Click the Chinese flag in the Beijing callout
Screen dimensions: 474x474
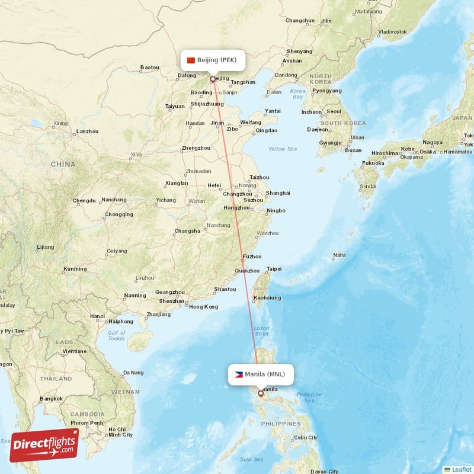[x=191, y=60]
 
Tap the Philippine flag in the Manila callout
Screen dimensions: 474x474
[x=238, y=374]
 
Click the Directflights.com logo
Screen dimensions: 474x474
[x=44, y=445]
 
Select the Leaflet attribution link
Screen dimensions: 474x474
[x=457, y=469]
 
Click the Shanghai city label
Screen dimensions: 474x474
[x=278, y=193]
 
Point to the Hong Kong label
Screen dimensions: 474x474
[x=203, y=307]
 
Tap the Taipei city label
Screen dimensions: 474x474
[x=274, y=268]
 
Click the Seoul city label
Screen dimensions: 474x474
[x=334, y=111]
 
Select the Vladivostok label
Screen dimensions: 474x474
[x=392, y=31]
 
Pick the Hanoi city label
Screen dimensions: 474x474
[x=98, y=316]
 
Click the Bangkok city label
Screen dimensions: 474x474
[x=51, y=399]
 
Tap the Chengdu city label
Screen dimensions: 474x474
[x=84, y=201]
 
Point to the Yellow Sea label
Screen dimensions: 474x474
[x=283, y=149]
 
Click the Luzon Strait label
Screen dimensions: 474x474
[x=261, y=331]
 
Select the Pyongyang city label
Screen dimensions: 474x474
[x=326, y=91]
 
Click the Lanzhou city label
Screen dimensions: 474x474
[x=87, y=132]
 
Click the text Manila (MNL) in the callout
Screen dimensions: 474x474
[x=265, y=374]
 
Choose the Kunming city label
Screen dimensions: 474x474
[x=75, y=269]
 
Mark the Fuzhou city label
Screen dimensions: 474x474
[x=252, y=257]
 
